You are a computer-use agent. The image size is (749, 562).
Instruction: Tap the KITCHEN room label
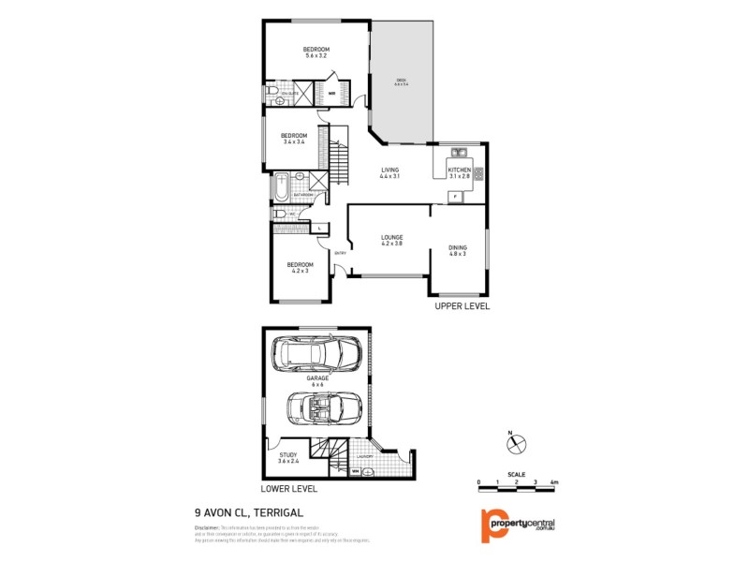click(x=460, y=170)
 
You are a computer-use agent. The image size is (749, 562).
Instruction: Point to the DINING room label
click(x=457, y=246)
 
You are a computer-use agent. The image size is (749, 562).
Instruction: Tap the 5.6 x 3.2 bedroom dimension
click(x=316, y=56)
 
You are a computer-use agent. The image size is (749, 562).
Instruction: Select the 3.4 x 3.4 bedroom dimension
click(x=294, y=142)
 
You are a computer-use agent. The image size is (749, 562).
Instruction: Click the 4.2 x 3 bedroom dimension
click(x=300, y=271)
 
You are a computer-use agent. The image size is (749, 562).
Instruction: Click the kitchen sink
click(x=459, y=152)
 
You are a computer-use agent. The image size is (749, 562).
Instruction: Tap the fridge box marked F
click(x=455, y=197)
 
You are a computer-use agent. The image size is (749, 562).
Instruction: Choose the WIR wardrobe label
click(x=331, y=94)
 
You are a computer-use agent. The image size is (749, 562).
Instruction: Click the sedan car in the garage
click(x=316, y=354)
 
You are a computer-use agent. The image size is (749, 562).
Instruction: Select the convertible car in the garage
click(x=318, y=407)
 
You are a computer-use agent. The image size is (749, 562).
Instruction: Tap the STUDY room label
click(x=288, y=454)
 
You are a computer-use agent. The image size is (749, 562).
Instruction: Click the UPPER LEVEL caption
click(x=462, y=306)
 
